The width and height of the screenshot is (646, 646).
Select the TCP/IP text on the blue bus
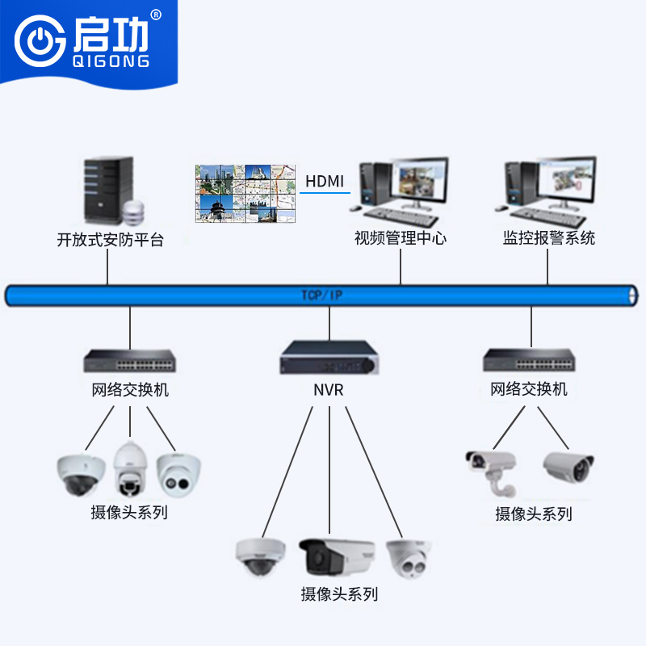coord(322,296)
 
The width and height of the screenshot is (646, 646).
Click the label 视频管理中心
coord(401,238)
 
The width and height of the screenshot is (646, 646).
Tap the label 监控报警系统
coord(548,238)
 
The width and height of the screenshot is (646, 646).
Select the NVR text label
coord(329,391)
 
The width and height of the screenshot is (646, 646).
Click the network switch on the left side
coord(130,360)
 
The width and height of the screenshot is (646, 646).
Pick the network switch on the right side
coord(529,360)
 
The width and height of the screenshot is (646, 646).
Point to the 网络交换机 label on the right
coord(529,390)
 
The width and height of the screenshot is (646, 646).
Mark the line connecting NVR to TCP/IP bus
coord(329,323)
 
